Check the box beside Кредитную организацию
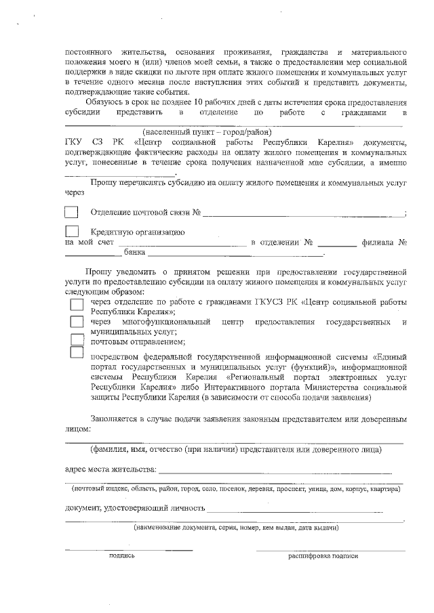tap(71, 232)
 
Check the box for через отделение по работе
tap(77, 303)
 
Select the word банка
tap(135, 253)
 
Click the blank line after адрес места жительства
tap(275, 469)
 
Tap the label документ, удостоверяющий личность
tap(134, 507)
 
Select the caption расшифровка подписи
tap(323, 555)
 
